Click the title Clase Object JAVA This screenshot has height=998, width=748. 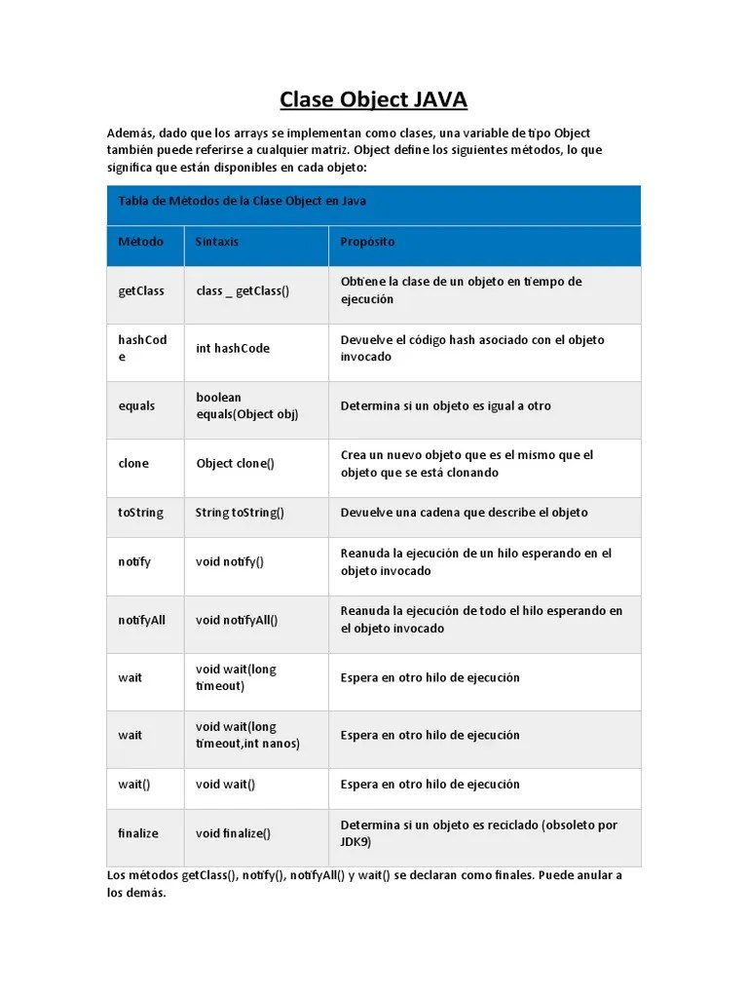pos(374,99)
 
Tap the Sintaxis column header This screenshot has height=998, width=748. pos(216,241)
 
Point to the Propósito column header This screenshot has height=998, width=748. pos(367,241)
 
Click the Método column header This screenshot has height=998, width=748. pos(140,241)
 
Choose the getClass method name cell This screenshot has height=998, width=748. pos(141,290)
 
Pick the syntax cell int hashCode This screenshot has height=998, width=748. pos(233,348)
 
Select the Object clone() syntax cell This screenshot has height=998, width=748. pos(235,463)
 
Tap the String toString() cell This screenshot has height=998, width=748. pos(240,513)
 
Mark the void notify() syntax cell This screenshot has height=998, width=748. pos(230,561)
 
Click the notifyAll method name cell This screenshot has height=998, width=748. pos(142,619)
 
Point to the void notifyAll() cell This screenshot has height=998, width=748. pos(237,619)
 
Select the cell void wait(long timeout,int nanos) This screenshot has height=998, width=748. pos(247,735)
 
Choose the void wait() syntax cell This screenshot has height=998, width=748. pos(225,784)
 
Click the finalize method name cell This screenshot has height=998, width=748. pos(138,833)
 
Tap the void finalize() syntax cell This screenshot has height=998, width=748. pos(233,833)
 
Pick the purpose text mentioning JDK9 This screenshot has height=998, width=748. pos(478,833)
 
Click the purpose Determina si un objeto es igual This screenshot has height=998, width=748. pos(445,405)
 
